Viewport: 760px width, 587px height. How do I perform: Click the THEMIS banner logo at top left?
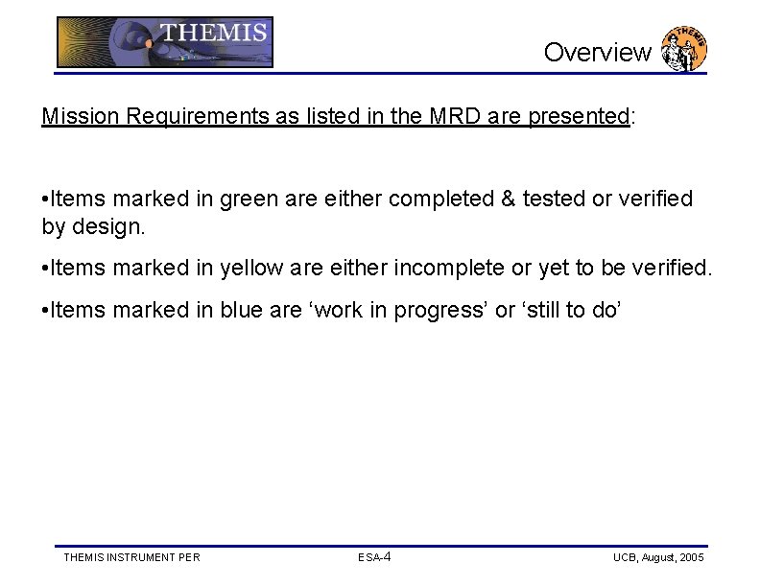tap(164, 42)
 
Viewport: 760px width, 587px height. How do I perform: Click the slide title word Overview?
tap(597, 53)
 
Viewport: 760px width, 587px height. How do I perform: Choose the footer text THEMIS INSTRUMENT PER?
tap(131, 557)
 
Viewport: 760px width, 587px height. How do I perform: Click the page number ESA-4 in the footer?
tap(374, 557)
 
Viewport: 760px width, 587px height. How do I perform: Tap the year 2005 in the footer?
tap(691, 557)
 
